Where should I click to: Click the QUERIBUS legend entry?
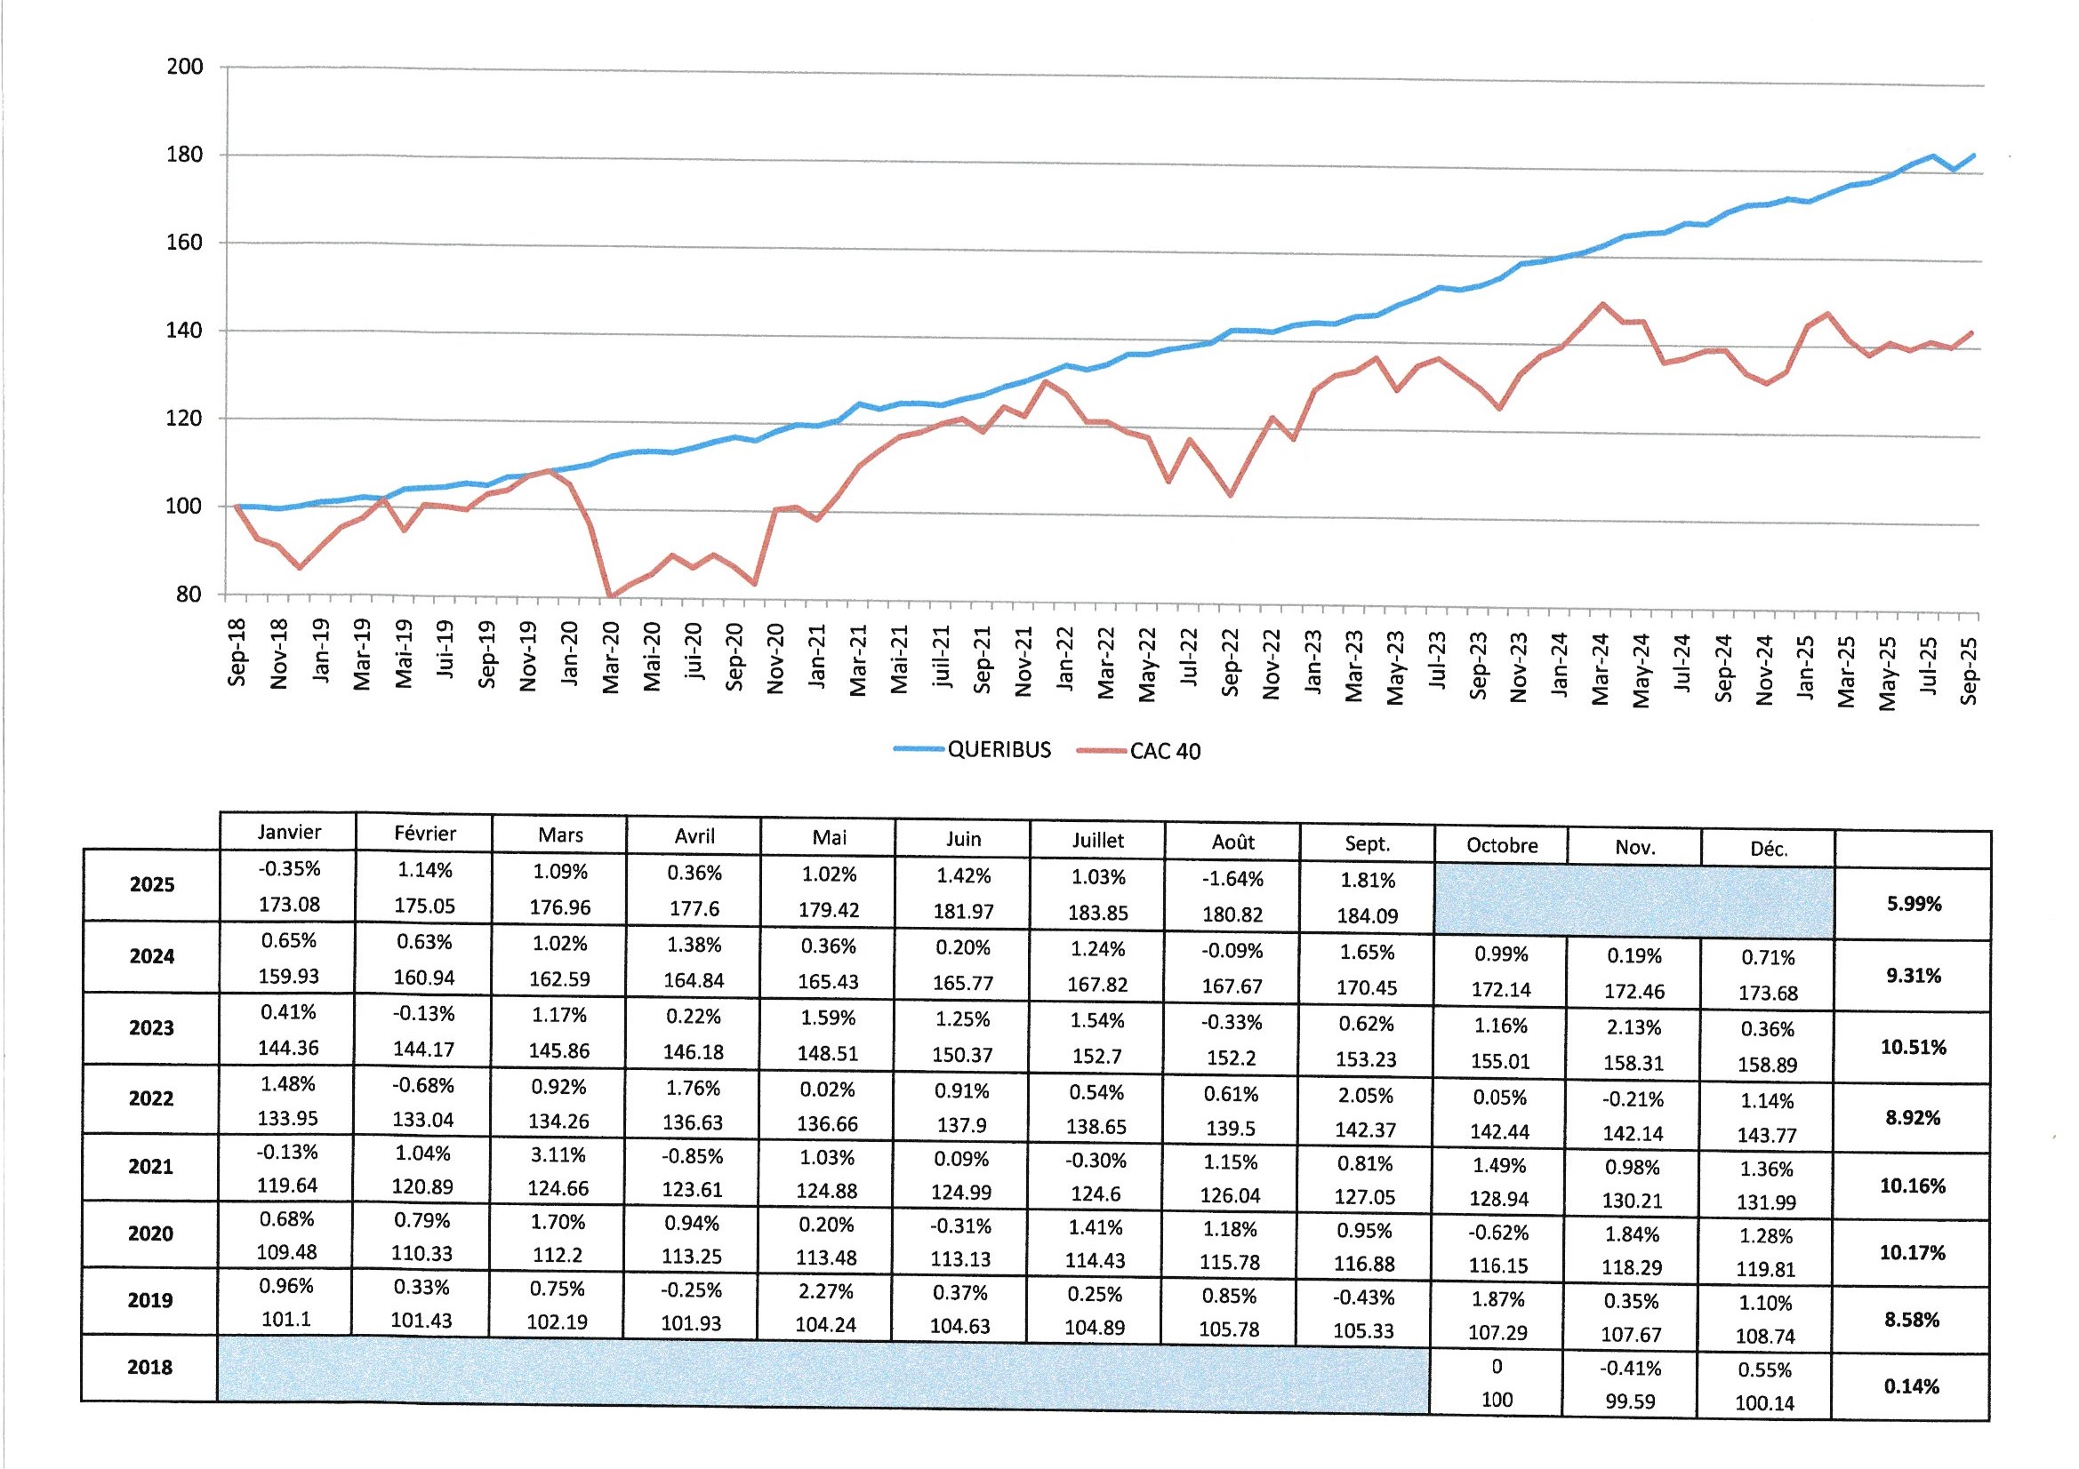[998, 749]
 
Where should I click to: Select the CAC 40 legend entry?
[1164, 751]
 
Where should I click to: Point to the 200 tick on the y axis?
[185, 67]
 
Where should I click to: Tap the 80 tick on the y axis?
[189, 595]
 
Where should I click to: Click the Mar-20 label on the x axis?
[611, 656]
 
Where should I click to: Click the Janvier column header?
[289, 832]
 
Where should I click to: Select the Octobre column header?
[1501, 845]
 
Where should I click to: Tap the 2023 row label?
[151, 1027]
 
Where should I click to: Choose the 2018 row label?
[149, 1367]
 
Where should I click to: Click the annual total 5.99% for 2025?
[1914, 903]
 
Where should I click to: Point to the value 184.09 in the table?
[1367, 915]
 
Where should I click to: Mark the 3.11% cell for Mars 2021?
[558, 1155]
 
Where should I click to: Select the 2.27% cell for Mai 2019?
[827, 1290]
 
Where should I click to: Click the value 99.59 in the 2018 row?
[1630, 1401]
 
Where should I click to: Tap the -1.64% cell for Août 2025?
[1232, 879]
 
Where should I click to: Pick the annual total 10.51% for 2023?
[1913, 1047]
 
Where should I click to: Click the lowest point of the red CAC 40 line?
[611, 596]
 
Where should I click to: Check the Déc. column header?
[1768, 849]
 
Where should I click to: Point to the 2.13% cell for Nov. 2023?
[1633, 1027]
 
